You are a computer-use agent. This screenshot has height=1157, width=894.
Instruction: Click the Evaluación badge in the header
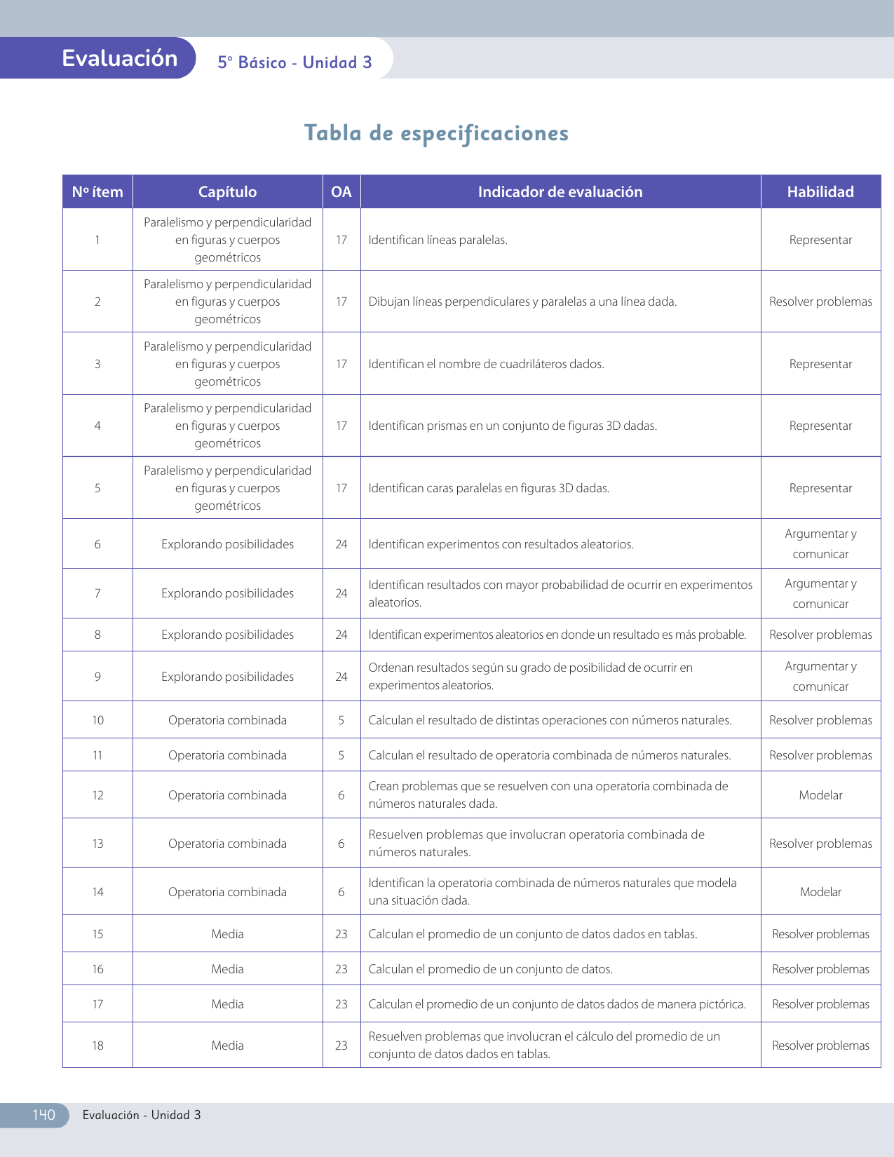119,58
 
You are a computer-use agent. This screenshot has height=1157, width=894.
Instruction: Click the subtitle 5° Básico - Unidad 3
294,62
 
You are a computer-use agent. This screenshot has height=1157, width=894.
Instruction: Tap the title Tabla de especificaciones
436,133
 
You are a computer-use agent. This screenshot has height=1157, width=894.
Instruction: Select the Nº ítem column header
97,192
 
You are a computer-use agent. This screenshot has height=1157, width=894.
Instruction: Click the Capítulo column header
227,192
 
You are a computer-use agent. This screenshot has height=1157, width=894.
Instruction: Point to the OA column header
341,192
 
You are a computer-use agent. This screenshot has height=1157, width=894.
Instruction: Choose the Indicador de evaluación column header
560,192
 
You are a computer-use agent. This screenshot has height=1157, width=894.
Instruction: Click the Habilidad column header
820,192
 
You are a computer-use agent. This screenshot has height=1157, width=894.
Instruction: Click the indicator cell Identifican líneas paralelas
438,240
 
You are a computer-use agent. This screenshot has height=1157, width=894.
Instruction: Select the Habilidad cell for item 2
820,302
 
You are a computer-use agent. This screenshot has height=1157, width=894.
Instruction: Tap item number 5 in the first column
97,488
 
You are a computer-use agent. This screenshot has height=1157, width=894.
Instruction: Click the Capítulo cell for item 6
227,544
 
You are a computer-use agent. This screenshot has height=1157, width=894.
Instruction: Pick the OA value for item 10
341,720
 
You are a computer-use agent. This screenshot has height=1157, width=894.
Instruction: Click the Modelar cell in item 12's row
820,795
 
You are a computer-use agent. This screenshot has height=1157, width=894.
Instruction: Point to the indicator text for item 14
553,891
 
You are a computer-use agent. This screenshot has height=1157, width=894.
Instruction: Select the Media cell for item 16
227,969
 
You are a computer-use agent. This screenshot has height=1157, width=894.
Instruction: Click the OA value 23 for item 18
341,1046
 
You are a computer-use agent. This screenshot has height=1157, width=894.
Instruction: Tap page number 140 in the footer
43,1115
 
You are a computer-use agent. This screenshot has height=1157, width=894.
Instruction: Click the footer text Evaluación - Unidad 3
142,1115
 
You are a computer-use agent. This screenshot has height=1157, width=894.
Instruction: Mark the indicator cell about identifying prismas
513,426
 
